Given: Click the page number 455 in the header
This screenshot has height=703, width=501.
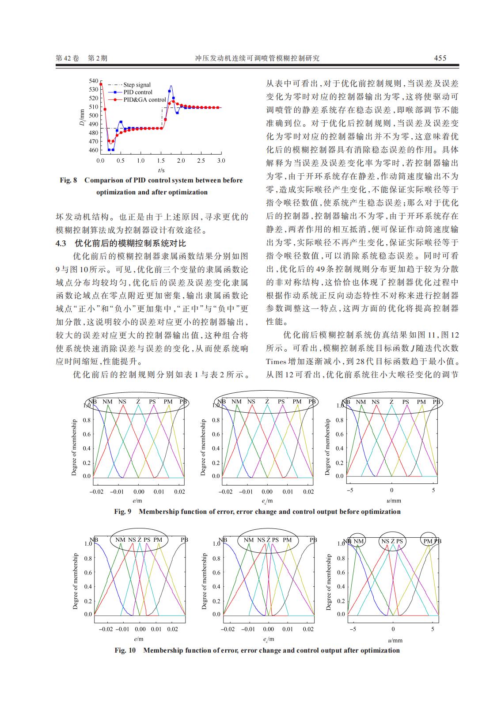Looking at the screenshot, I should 440,58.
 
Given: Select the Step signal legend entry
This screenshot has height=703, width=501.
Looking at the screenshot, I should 137,85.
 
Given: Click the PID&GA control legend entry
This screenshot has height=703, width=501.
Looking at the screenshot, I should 144,100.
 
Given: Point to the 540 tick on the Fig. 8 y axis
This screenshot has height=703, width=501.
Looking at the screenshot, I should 93,81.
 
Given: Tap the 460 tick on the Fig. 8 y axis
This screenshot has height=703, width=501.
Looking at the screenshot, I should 93,150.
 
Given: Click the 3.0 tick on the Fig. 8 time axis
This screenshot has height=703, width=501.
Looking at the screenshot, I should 220,161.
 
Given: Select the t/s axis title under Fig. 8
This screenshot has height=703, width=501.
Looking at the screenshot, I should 161,170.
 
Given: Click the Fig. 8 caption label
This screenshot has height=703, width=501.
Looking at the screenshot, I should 68,180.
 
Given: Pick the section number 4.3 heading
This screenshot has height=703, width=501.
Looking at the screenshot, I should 61,243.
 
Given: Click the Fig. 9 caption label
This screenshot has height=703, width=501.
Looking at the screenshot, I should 123,512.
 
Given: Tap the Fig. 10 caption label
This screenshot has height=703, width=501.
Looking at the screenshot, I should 125,650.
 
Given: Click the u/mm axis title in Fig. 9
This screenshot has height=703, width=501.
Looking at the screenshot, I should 394,501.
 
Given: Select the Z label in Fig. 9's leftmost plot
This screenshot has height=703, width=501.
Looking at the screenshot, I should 138,402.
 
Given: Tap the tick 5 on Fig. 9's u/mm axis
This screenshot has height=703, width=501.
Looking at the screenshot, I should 433,491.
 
